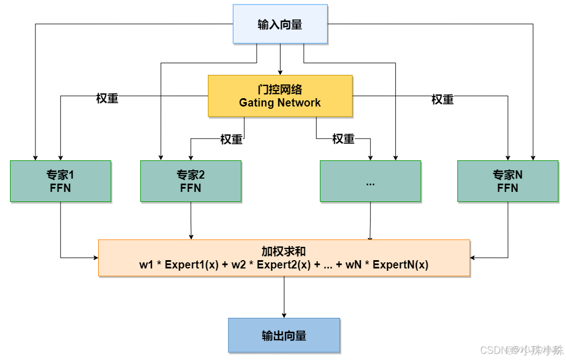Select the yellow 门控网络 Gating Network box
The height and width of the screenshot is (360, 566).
tap(280, 95)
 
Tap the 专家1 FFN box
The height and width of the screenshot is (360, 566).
tap(60, 181)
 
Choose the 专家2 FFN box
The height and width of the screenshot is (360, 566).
tap(191, 181)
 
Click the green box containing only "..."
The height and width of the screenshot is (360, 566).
tap(370, 181)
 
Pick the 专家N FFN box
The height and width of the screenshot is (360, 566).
tap(507, 181)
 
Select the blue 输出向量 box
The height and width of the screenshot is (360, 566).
tap(284, 335)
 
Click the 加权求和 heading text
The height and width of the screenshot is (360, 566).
tap(284, 251)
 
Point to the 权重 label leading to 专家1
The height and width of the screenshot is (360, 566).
tap(107, 99)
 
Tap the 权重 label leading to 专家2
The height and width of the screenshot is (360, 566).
tap(231, 139)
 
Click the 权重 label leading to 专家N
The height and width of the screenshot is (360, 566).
tap(442, 99)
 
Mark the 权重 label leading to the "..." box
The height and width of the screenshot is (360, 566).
tap(343, 139)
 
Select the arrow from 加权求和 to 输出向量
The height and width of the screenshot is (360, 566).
tap(284, 297)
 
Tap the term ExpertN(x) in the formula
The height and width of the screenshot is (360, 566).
tap(400, 265)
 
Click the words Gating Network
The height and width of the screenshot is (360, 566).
tap(280, 103)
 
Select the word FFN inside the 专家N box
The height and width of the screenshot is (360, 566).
tap(507, 188)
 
